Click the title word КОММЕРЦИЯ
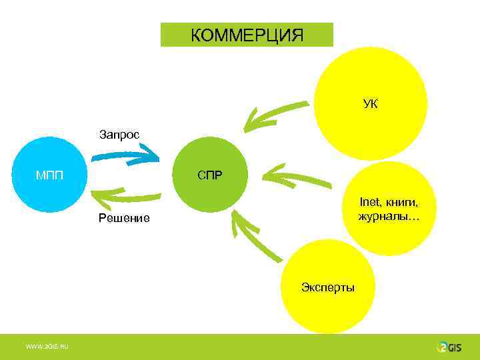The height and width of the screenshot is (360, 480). [x=247, y=35]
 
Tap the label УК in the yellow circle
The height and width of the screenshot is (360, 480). [x=371, y=104]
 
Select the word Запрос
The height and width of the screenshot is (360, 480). [x=119, y=135]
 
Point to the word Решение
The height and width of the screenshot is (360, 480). [x=124, y=218]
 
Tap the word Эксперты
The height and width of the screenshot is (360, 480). [x=328, y=287]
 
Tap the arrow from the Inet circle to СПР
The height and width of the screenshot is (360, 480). [x=297, y=178]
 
